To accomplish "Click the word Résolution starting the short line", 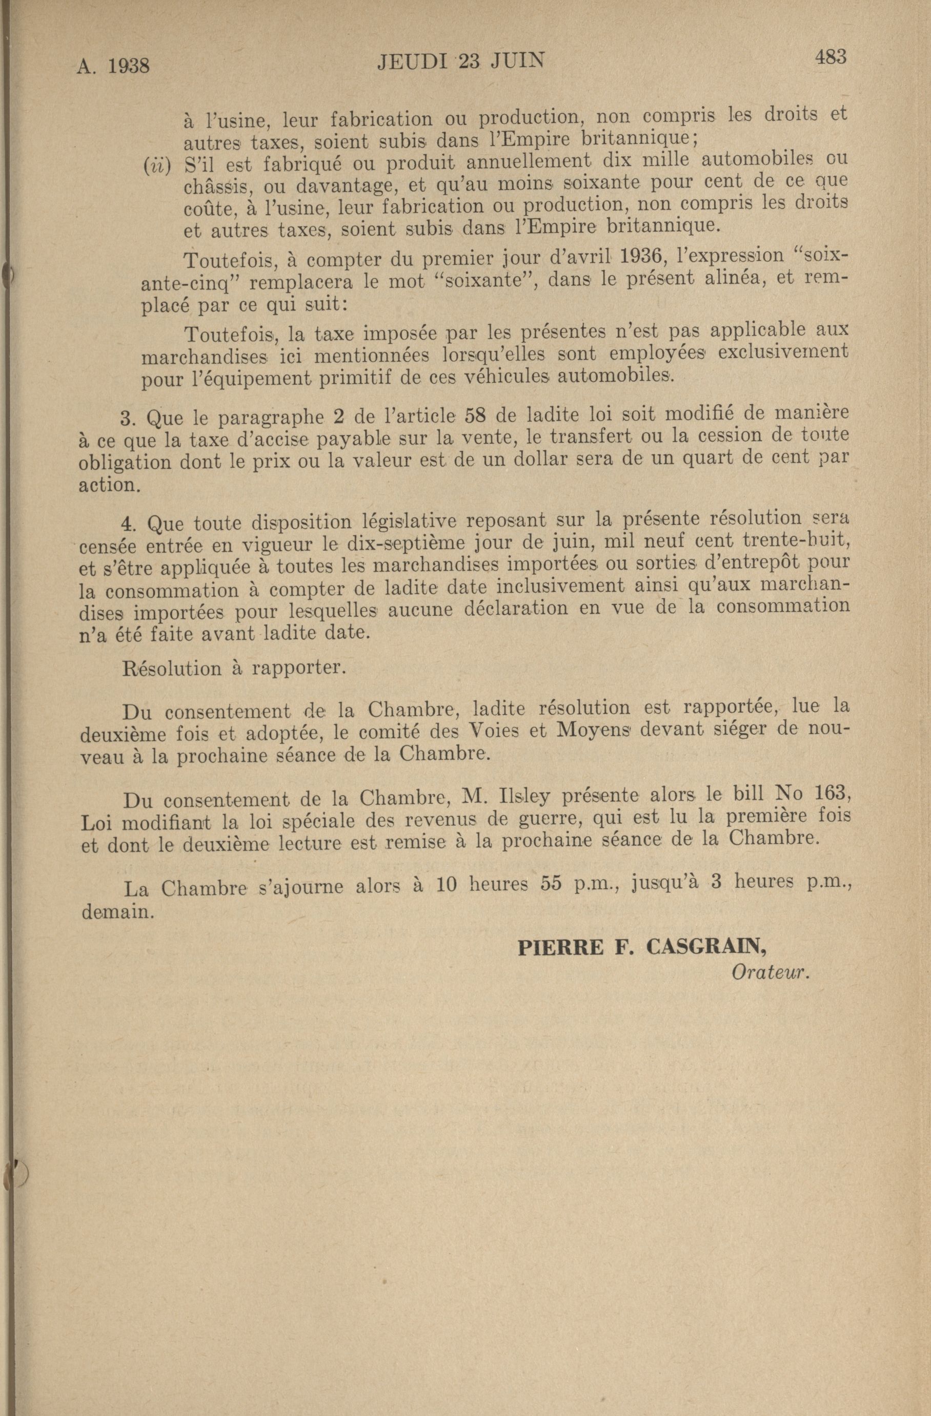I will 171,668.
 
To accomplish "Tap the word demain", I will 117,911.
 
